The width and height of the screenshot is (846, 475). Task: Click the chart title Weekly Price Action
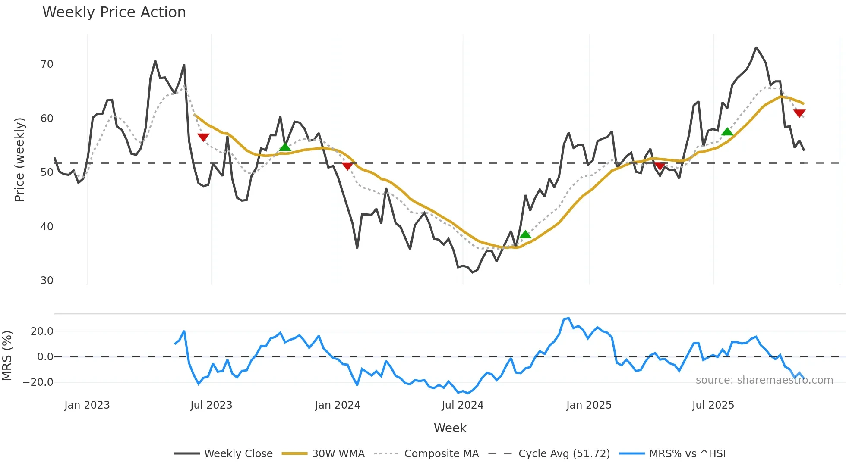[x=114, y=12]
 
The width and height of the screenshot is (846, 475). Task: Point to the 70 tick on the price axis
[x=47, y=64]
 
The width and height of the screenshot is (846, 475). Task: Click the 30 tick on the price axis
[x=47, y=281]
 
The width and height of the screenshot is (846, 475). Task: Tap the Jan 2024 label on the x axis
[x=338, y=405]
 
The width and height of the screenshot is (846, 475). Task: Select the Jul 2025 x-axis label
[x=713, y=405]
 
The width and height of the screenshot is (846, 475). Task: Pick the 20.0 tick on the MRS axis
[x=42, y=331]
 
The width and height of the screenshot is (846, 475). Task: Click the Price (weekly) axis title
[x=19, y=159]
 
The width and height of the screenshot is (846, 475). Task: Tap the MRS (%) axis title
[x=7, y=356]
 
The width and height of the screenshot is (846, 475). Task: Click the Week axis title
[x=450, y=428]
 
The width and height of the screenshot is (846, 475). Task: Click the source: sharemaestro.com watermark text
[x=764, y=380]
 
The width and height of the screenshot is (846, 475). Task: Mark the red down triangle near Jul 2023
[x=203, y=137]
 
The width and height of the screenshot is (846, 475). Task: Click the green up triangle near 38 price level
[x=525, y=234]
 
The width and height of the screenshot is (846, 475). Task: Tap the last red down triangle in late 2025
[x=799, y=113]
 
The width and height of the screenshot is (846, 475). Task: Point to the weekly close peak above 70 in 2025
[x=756, y=47]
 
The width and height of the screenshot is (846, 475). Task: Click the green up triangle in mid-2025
[x=727, y=132]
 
